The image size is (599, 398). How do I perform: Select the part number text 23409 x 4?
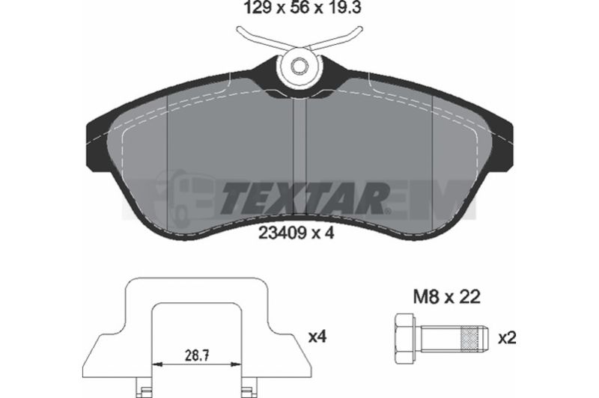click(x=297, y=233)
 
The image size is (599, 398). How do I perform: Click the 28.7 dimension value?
click(x=197, y=356)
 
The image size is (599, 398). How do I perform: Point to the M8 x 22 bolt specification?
click(x=446, y=296)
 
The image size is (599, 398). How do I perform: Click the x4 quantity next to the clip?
click(x=317, y=337)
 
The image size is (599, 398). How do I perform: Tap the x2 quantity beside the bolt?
click(x=508, y=338)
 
